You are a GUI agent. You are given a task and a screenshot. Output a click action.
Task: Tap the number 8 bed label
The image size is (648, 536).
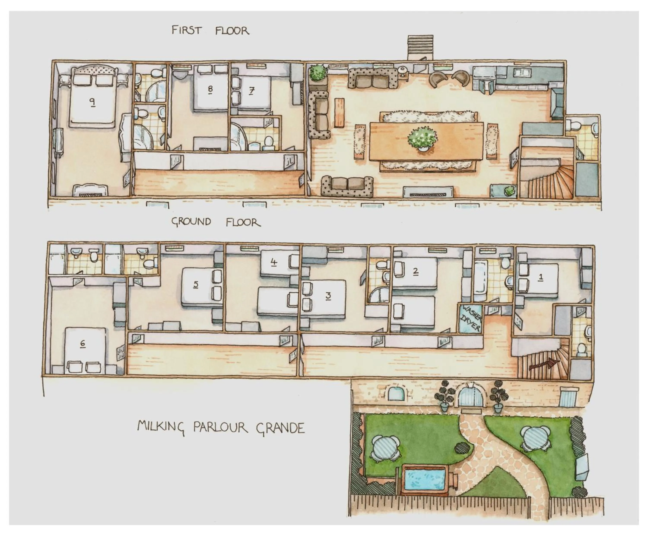point(210,89)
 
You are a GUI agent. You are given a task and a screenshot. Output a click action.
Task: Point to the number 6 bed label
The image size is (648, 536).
point(82,343)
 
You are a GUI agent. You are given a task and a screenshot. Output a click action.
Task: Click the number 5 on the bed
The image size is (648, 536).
point(196,284)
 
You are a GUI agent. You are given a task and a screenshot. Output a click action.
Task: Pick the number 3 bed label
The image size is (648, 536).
point(328,296)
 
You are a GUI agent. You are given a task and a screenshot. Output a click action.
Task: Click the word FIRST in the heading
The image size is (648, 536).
point(186,30)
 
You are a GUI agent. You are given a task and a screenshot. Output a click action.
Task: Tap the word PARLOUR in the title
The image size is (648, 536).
point(220,427)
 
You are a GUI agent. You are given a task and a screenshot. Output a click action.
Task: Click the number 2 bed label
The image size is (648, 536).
point(415,271)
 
